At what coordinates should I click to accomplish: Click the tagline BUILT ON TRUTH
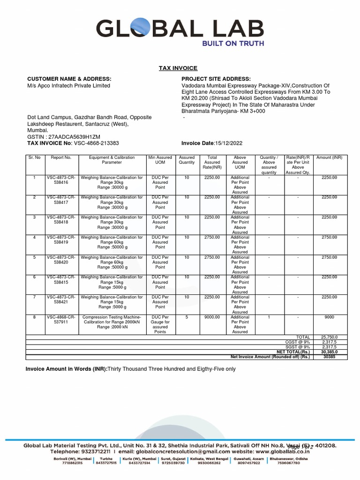[x=233, y=44]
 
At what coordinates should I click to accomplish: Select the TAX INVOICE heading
[x=178, y=68]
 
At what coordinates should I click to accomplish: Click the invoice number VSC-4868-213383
[x=96, y=143]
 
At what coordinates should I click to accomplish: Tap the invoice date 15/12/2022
[x=228, y=143]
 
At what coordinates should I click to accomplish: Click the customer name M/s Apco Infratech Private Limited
[x=68, y=86]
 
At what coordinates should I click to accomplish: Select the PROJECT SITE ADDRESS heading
[x=216, y=79]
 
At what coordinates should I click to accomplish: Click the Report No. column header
[x=61, y=157]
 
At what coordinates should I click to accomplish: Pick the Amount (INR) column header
[x=329, y=157]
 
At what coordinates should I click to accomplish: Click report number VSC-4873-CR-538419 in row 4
[x=61, y=240]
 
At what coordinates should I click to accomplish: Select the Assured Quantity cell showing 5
[x=187, y=317]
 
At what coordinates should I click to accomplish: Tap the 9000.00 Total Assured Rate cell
[x=212, y=317]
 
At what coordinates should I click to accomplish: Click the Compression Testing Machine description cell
[x=112, y=322]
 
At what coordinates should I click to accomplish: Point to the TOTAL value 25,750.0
[x=329, y=337]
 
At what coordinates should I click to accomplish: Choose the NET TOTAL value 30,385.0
[x=329, y=352]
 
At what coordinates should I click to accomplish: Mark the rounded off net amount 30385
[x=329, y=357]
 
